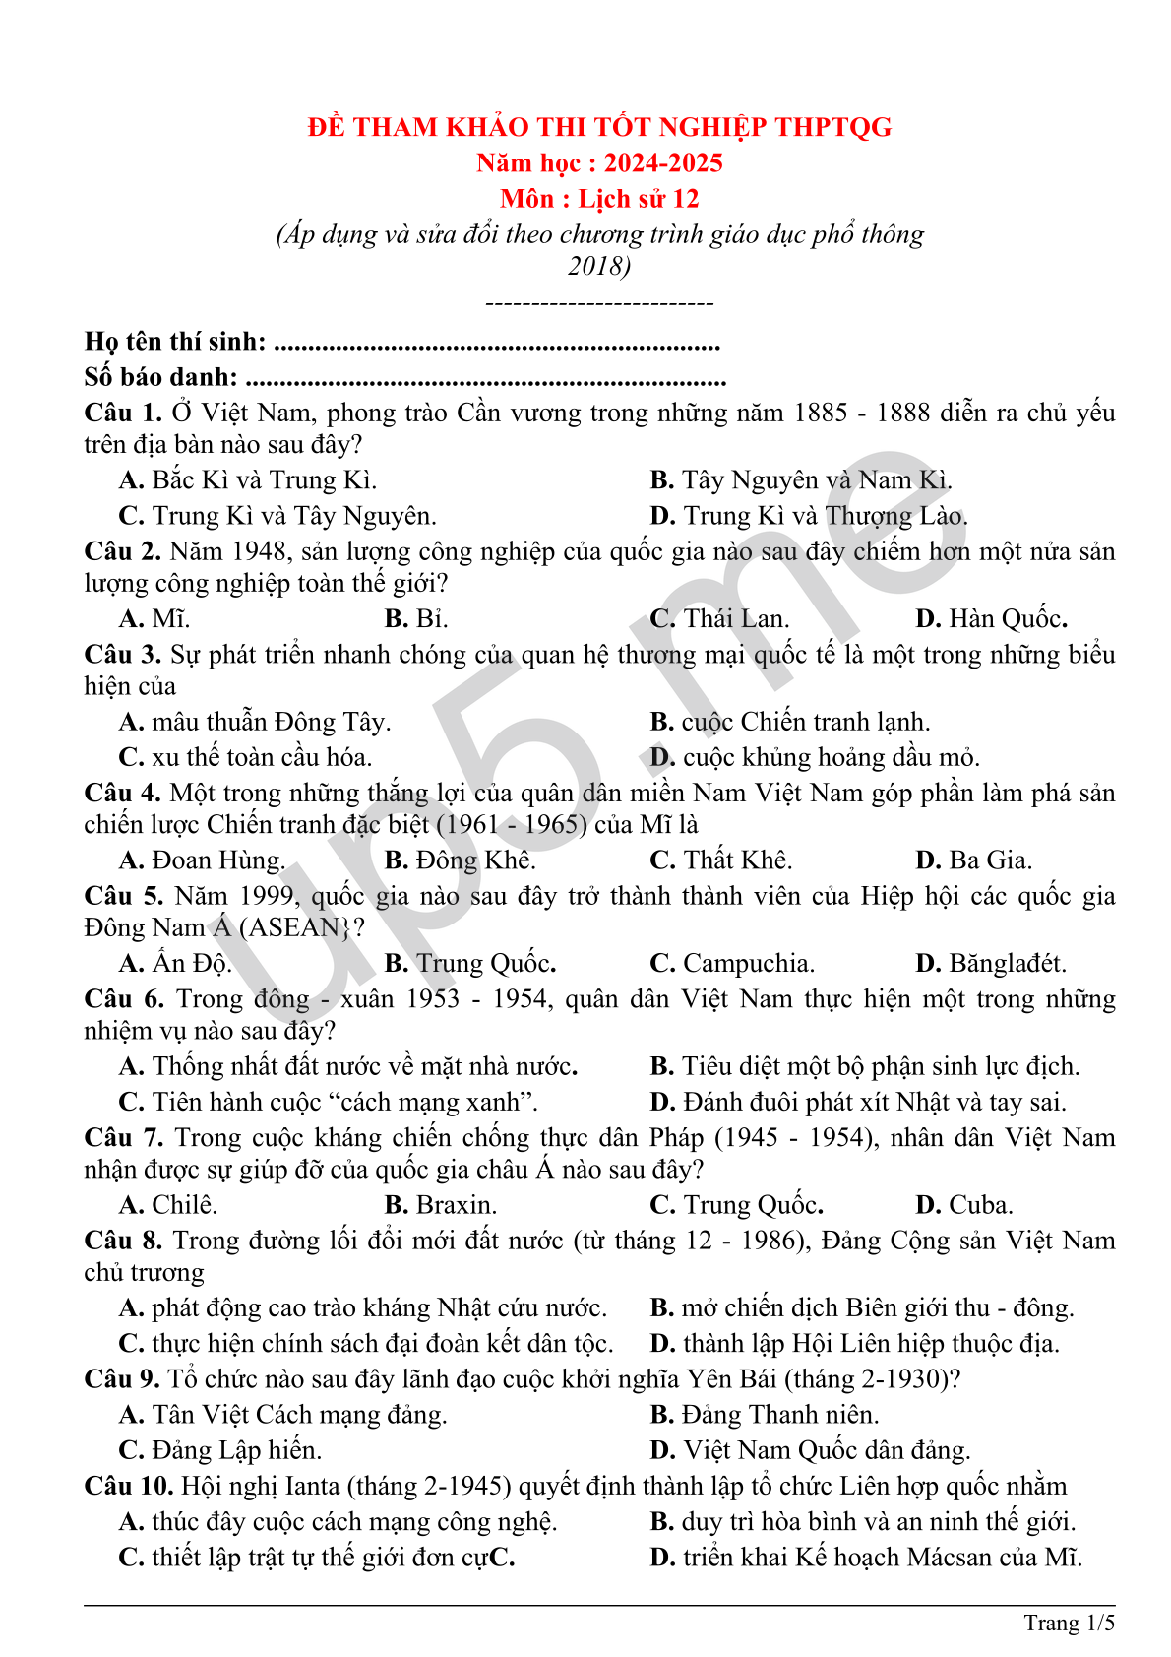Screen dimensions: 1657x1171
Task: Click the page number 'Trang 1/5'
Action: pos(1069,1623)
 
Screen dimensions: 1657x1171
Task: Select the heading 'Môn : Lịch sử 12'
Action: pos(599,199)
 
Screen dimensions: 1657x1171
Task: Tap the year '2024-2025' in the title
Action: pos(663,162)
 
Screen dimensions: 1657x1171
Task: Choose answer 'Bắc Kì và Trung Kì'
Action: pos(263,480)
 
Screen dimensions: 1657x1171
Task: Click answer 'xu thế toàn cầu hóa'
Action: pos(261,757)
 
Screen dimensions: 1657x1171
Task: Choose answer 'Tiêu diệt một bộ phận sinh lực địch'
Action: pos(880,1066)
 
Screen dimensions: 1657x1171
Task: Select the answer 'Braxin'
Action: pos(456,1205)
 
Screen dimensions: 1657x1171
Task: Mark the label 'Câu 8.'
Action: pos(123,1241)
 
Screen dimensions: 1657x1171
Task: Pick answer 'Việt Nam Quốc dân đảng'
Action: pos(827,1450)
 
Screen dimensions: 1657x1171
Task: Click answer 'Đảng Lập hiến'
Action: pos(236,1450)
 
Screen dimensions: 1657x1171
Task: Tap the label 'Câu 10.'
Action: pos(129,1486)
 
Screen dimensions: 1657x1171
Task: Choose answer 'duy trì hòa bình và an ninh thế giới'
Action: pos(878,1522)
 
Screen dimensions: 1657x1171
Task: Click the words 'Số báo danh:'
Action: pos(160,377)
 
